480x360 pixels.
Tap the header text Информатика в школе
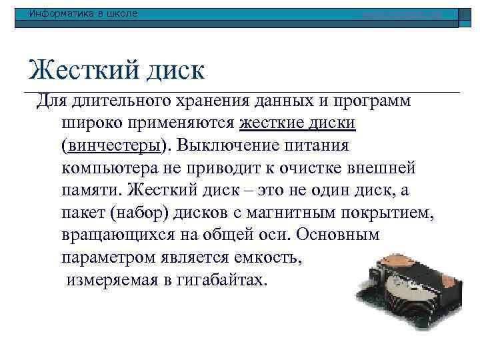[x=78, y=13]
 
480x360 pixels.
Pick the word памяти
[x=91, y=189]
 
